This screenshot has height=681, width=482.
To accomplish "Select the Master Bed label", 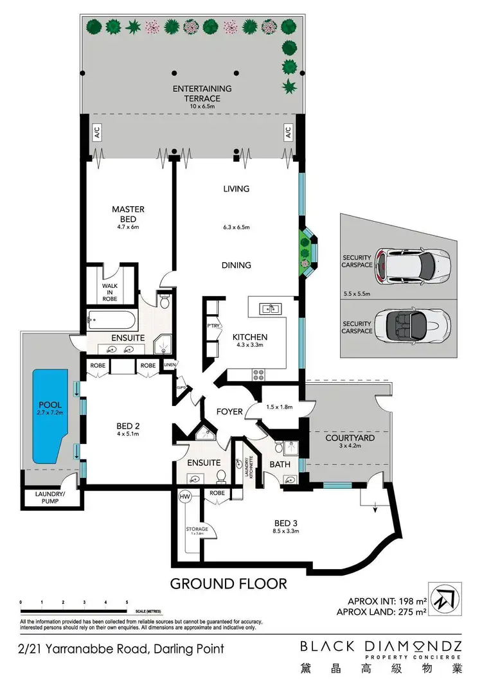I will (x=128, y=213).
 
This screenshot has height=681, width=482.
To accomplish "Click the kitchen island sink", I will (x=271, y=309).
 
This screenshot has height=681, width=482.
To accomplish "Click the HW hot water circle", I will (x=184, y=496).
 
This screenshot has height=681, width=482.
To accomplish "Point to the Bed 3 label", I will (x=287, y=526).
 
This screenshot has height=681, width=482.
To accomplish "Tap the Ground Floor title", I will (x=228, y=584).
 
